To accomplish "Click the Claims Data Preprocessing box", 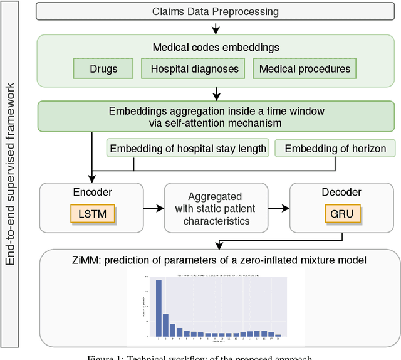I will click(216, 11).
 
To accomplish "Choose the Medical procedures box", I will click(305, 68).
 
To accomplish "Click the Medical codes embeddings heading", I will click(216, 46).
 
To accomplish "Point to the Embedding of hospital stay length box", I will click(189, 149).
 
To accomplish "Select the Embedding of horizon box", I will click(335, 149).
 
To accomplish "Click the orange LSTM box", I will click(92, 214).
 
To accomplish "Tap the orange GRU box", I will click(341, 214).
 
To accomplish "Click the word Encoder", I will click(92, 193).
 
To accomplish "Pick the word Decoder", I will click(341, 193).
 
